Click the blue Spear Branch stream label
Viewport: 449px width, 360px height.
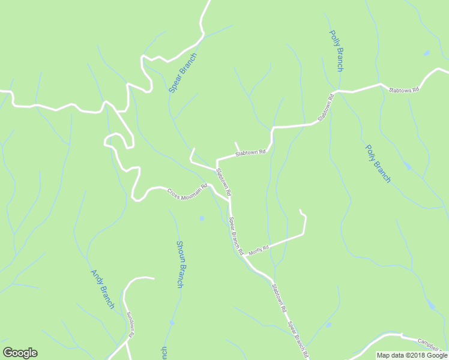point(182,72)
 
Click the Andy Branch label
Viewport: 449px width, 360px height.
point(102,289)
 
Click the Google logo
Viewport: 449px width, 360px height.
point(20,353)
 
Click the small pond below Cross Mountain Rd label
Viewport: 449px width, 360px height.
point(202,218)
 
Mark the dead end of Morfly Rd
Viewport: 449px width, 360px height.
point(300,211)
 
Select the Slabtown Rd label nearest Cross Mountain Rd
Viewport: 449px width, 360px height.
point(224,182)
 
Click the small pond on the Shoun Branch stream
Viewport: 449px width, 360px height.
point(172,322)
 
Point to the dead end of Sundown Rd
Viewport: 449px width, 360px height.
point(154,278)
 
